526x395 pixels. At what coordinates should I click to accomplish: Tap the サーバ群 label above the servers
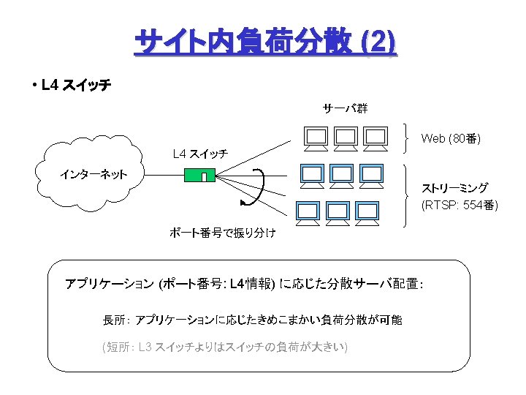(x=345, y=108)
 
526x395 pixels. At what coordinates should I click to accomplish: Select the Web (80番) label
(x=451, y=138)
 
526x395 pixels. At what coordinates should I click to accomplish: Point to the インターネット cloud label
(x=94, y=174)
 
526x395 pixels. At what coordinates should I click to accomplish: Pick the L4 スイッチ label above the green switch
(x=199, y=154)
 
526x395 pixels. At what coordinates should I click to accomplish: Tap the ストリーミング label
(x=454, y=188)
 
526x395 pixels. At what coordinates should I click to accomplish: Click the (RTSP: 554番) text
(x=460, y=205)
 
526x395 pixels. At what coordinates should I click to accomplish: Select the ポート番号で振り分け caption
(x=222, y=233)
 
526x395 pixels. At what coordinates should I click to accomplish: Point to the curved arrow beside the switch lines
(x=259, y=187)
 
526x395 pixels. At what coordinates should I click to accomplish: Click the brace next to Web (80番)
(x=408, y=138)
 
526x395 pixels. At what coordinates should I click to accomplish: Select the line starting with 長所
(x=252, y=320)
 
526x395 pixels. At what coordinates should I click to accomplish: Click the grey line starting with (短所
(x=224, y=345)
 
